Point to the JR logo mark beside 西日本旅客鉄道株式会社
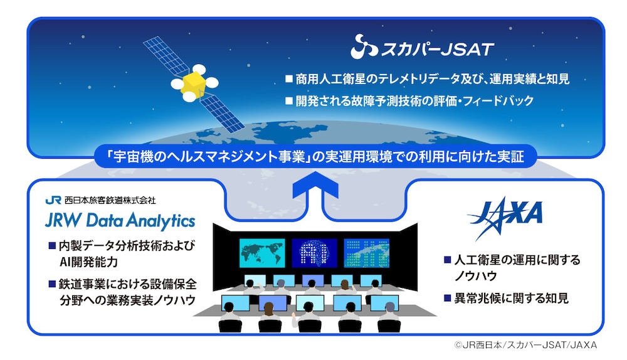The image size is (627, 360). click(x=53, y=201)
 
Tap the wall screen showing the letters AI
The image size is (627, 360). click(x=313, y=252)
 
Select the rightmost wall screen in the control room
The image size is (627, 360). click(x=367, y=252)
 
